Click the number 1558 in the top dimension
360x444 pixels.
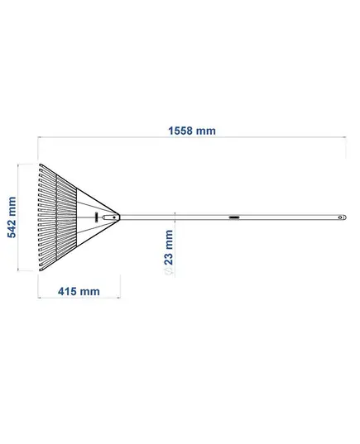pyautogui.click(x=180, y=131)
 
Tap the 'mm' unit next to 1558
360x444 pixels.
pyautogui.click(x=206, y=131)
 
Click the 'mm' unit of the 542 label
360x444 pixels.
pyautogui.click(x=12, y=205)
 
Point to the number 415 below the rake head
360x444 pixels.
pyautogui.click(x=67, y=291)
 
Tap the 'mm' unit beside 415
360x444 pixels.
pyautogui.click(x=89, y=292)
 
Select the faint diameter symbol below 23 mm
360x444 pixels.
pyautogui.click(x=169, y=270)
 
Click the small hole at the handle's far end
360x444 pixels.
pyautogui.click(x=340, y=217)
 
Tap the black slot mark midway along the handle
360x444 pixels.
pyautogui.click(x=234, y=217)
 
